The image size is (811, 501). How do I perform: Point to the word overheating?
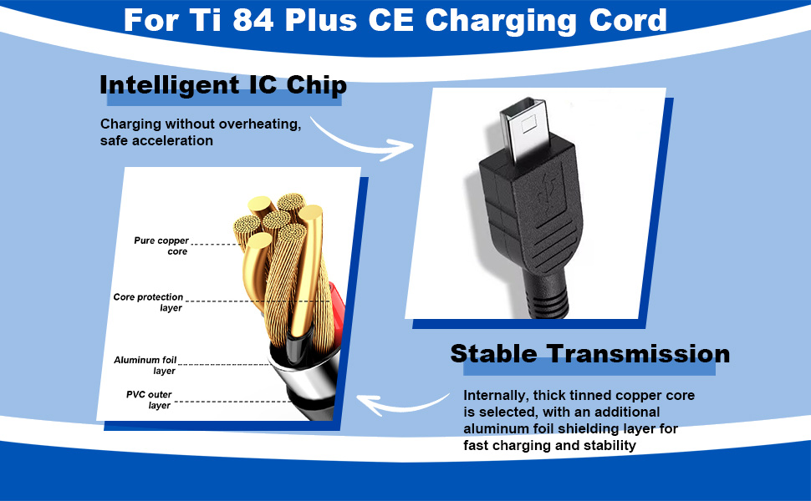pyautogui.click(x=257, y=124)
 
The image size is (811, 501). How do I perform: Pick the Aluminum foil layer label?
pyautogui.click(x=145, y=365)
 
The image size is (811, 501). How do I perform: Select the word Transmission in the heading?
pyautogui.click(x=645, y=353)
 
